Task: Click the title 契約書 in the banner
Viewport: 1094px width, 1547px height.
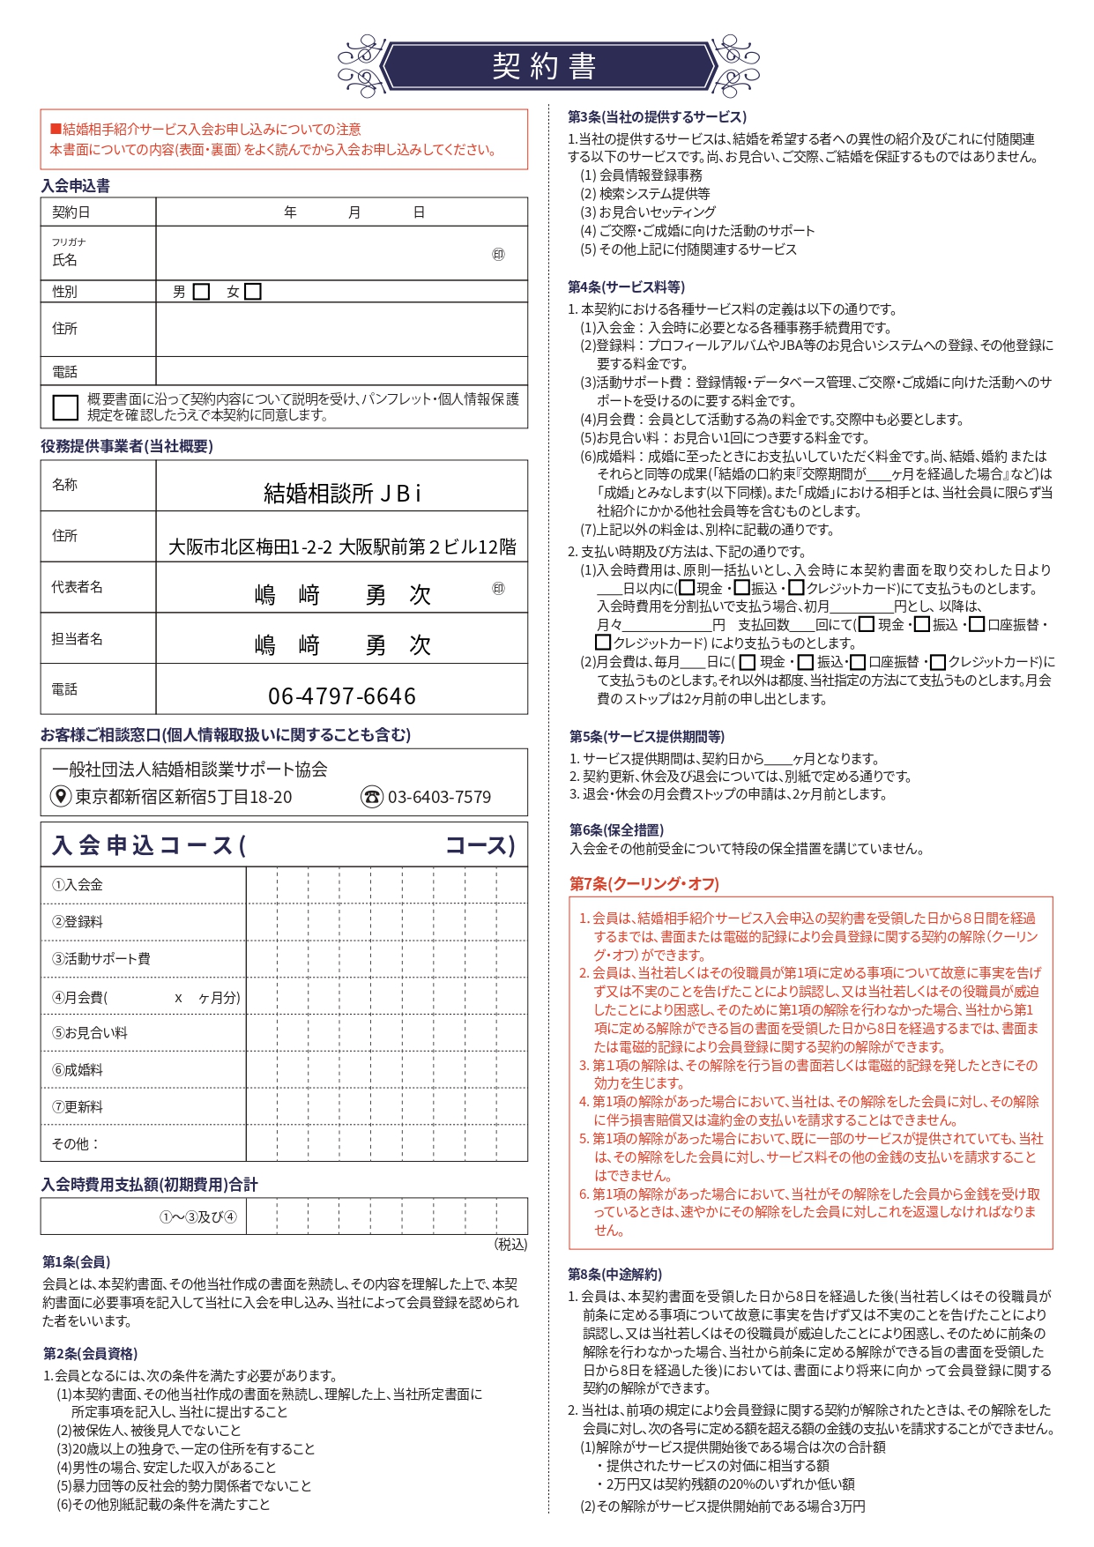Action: pyautogui.click(x=545, y=66)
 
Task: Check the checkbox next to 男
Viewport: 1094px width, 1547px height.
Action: pyautogui.click(x=201, y=292)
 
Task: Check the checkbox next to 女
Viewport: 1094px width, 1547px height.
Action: pyautogui.click(x=253, y=292)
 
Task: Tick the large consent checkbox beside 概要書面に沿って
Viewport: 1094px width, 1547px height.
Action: pyautogui.click(x=65, y=407)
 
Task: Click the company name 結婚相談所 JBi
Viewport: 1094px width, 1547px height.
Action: pyautogui.click(x=343, y=493)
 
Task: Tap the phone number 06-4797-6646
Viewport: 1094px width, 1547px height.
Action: pyautogui.click(x=342, y=696)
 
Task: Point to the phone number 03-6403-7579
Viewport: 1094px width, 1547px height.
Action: pyautogui.click(x=439, y=797)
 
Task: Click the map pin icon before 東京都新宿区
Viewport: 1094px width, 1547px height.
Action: pyautogui.click(x=60, y=797)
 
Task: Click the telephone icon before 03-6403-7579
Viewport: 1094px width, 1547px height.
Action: pyautogui.click(x=372, y=797)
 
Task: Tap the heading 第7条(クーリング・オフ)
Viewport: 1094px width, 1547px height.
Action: pyautogui.click(x=644, y=883)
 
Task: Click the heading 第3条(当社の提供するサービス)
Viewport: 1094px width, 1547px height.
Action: pyautogui.click(x=657, y=116)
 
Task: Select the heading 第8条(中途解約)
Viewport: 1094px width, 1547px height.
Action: pyautogui.click(x=614, y=1274)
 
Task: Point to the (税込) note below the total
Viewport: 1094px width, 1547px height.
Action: pyautogui.click(x=510, y=1245)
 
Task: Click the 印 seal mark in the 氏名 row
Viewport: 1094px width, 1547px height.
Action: pyautogui.click(x=498, y=255)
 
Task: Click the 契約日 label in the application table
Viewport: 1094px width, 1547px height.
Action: pyautogui.click(x=71, y=212)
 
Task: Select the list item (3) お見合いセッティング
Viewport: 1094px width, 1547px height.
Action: pyautogui.click(x=648, y=212)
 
